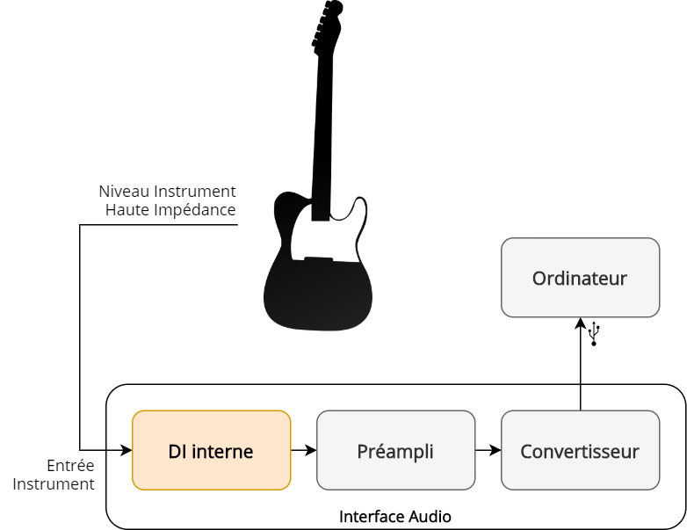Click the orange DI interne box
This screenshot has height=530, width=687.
(211, 450)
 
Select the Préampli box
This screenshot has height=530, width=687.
(395, 450)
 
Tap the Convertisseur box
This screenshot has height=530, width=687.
(580, 450)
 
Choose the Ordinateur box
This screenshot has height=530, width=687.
(580, 278)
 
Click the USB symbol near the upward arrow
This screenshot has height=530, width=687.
(594, 334)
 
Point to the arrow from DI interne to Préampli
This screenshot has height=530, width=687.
(304, 450)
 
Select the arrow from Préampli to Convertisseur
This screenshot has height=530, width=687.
(488, 450)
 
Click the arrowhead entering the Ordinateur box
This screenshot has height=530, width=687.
(581, 323)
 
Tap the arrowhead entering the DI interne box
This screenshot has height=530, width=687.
(126, 450)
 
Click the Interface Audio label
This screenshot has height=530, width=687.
(395, 517)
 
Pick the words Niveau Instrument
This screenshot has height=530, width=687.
(167, 191)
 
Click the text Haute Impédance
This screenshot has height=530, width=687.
(170, 210)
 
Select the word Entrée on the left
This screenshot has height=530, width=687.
(70, 465)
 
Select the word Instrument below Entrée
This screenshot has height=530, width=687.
(54, 484)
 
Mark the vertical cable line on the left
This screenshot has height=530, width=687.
(80, 334)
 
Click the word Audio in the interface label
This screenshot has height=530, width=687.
(430, 517)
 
